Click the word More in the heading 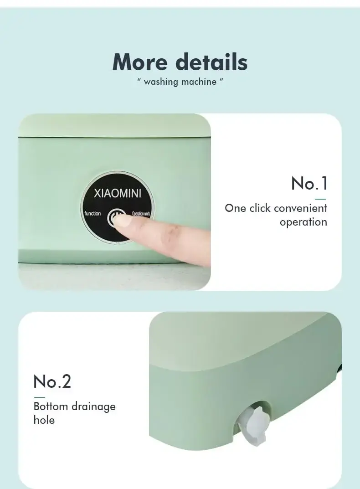[140, 62]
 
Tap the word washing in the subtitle [161, 82]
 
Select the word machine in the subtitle [199, 82]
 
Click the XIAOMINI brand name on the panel [118, 193]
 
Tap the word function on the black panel [93, 213]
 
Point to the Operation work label [141, 214]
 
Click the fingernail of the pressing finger [122, 221]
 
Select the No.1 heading [309, 183]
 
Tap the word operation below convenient [303, 222]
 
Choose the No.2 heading [52, 381]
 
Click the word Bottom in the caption [51, 407]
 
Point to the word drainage [93, 407]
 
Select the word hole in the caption [44, 420]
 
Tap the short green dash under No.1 [320, 199]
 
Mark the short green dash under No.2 [39, 397]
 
